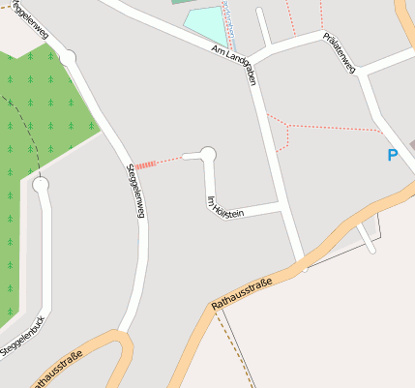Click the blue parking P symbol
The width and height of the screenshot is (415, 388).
(393, 155)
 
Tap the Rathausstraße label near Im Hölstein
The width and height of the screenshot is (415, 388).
(241, 294)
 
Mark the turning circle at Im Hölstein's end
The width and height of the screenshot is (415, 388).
(206, 154)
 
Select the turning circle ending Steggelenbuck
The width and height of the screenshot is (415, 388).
(40, 184)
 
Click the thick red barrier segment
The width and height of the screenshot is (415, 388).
(144, 165)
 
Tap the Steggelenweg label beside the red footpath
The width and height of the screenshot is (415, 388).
(135, 191)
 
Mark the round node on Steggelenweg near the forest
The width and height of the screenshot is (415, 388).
(68, 58)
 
